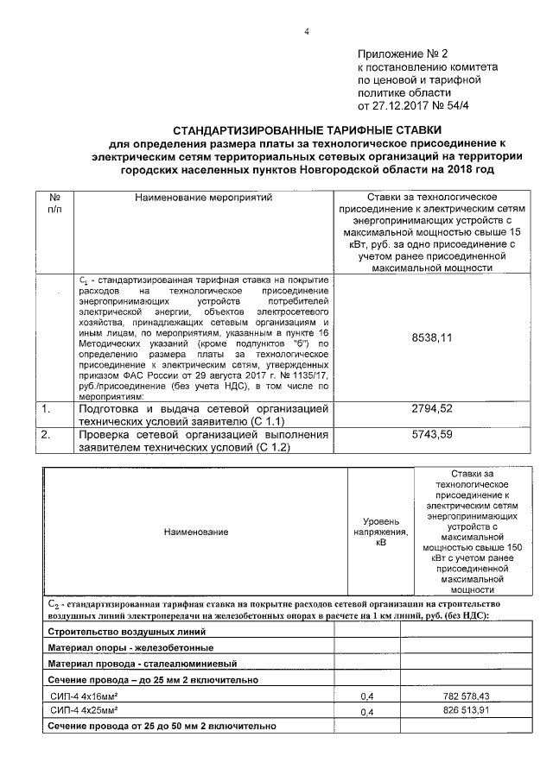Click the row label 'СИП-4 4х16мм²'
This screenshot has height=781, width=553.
tap(85, 695)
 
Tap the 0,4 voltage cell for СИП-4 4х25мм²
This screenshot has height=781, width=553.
tap(366, 712)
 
